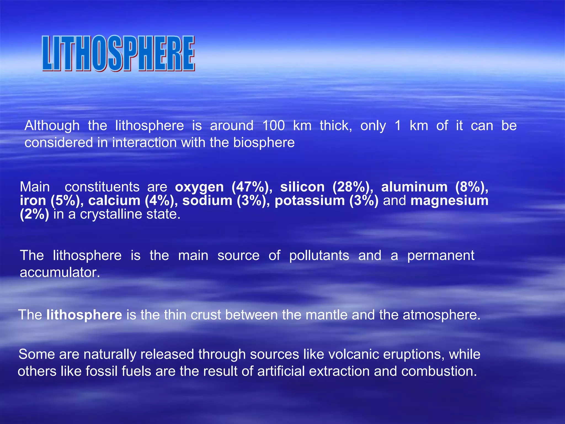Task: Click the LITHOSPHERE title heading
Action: (119, 54)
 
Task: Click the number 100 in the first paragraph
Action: (273, 126)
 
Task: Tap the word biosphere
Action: (264, 143)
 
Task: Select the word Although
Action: (52, 126)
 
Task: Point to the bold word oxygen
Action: (199, 187)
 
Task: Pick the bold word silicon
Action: (302, 187)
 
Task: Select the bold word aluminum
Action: (414, 187)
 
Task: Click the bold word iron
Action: (33, 201)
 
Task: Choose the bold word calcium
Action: (114, 201)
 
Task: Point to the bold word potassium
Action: (310, 201)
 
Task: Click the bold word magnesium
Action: (449, 201)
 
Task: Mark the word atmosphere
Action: (441, 315)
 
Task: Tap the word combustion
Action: (439, 371)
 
